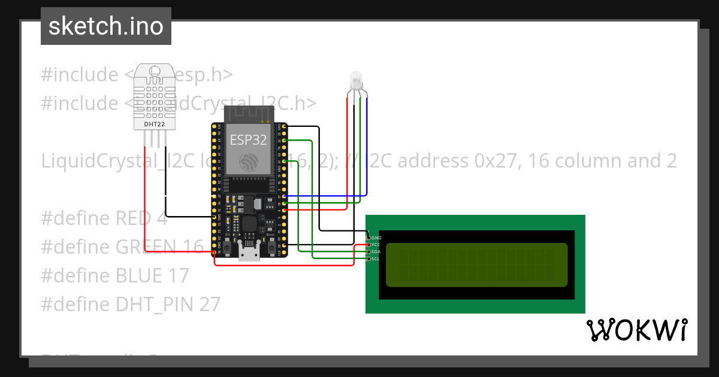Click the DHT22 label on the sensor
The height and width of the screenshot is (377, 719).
coord(154,124)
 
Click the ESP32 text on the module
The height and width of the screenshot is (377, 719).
coord(249,140)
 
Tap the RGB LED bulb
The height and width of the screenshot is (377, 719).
coord(356,78)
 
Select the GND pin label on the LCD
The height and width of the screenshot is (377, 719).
coord(376,238)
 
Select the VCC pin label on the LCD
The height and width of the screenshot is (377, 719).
coord(376,245)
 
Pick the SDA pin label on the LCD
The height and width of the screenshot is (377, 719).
coord(376,252)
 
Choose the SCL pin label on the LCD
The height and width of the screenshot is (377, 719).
coord(376,259)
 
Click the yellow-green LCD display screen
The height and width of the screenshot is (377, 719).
coord(476,264)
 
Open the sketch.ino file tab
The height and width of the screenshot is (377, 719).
coord(106,26)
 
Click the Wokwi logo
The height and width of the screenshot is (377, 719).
coord(637,330)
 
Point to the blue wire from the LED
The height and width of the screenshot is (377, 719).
coord(367,150)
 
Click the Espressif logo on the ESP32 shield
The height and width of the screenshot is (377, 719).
coord(248,162)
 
